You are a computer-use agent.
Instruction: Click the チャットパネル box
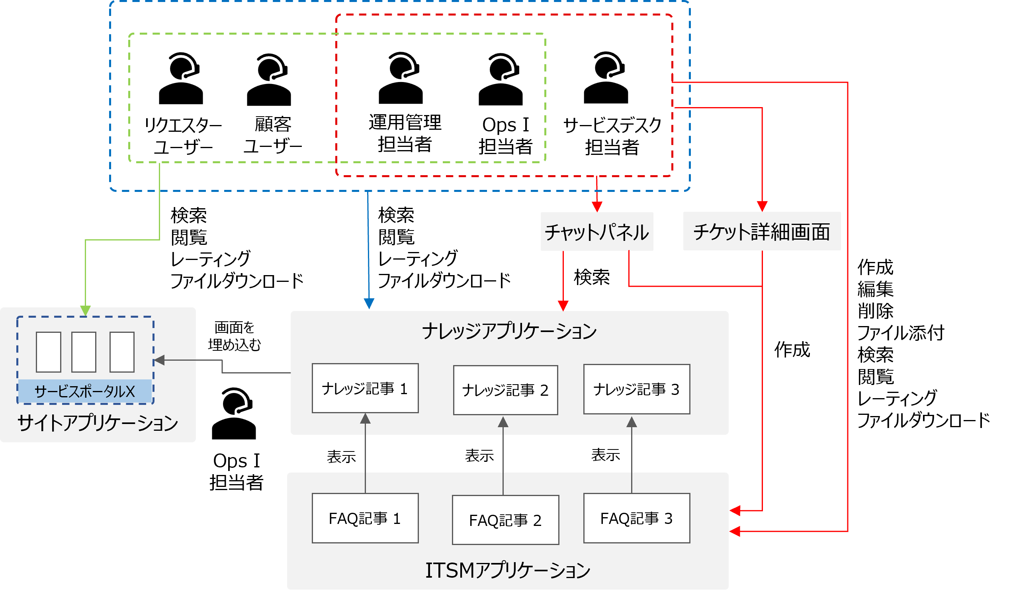coord(596,232)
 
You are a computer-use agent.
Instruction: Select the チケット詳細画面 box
coord(762,231)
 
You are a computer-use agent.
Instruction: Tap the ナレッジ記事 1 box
coord(365,388)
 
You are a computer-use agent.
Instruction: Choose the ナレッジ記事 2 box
coord(505,390)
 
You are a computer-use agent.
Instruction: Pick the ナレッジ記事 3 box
coord(636,389)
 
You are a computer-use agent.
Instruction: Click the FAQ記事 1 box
coord(365,518)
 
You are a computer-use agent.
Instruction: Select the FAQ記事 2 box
coord(505,520)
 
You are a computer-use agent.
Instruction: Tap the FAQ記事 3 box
coord(636,518)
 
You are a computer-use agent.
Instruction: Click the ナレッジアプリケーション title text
coord(509,331)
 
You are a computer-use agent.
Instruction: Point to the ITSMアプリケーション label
coord(507,570)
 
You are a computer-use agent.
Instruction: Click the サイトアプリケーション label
coord(98,423)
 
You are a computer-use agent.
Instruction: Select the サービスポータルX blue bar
coord(85,391)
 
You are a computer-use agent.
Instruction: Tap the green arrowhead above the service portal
coord(85,311)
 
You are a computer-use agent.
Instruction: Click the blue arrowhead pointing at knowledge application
coord(369,304)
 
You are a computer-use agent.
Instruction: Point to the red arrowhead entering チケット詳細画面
coord(762,206)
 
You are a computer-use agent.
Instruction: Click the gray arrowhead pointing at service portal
coord(159,360)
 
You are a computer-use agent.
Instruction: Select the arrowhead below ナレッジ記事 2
coord(503,422)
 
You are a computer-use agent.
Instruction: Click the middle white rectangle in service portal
coord(84,352)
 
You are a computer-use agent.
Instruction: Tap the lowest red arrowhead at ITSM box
coord(735,531)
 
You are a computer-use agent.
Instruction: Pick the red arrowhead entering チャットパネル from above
coord(597,207)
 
